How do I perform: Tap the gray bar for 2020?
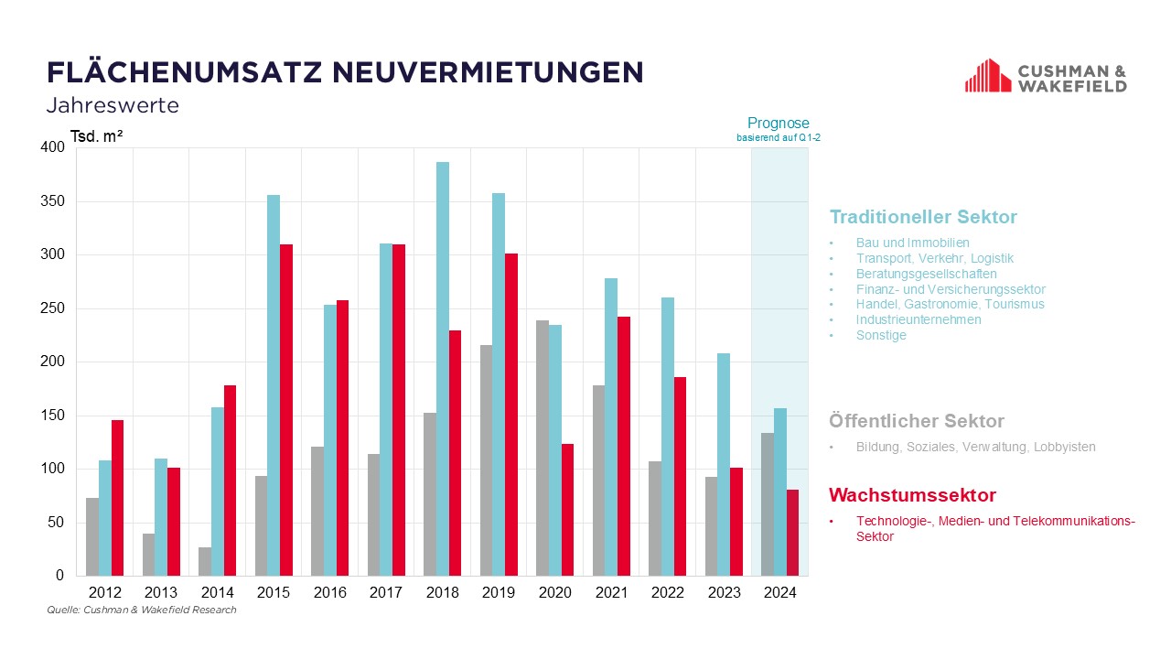tap(543, 448)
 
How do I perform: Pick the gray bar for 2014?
tap(205, 561)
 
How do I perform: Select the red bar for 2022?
tap(680, 476)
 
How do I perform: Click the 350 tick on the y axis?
tap(53, 201)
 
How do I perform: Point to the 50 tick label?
tap(57, 523)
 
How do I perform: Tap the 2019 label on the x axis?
tap(499, 593)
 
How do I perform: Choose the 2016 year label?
tap(330, 593)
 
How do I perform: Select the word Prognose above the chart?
tap(779, 124)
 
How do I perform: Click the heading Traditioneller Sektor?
tap(923, 218)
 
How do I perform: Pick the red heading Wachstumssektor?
tap(912, 496)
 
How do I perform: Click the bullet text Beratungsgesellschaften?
tap(927, 274)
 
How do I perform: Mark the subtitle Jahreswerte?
tap(113, 105)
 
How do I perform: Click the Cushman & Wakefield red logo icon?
tap(987, 76)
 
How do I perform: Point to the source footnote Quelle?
tap(142, 610)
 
